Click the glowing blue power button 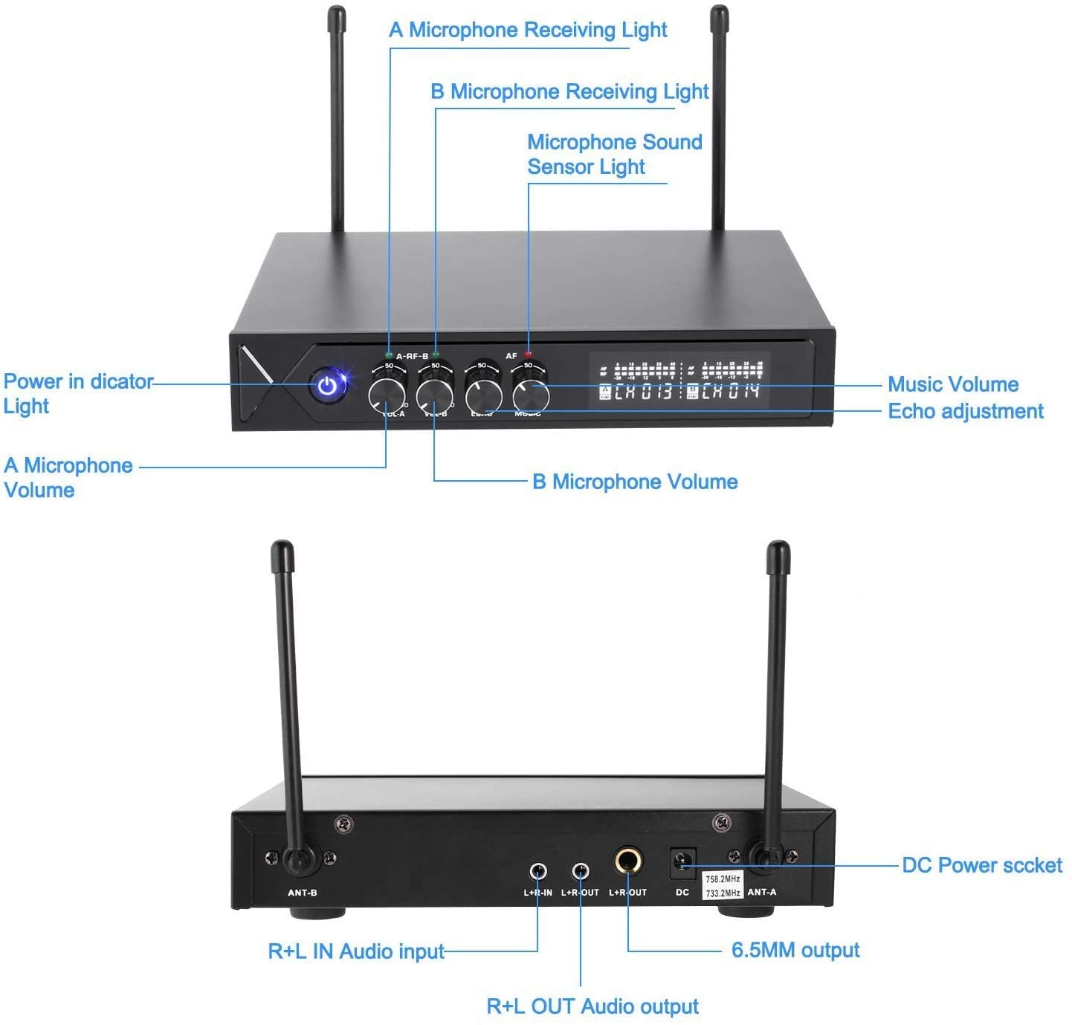pos(327,386)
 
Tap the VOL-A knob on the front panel pos(387,395)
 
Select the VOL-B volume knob pos(435,395)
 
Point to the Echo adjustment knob pos(483,395)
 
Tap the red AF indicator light pos(529,355)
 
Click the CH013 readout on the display pos(644,391)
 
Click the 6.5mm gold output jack pos(628,863)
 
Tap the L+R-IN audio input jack pos(538,870)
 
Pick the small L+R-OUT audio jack pos(580,870)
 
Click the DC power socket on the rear pos(682,863)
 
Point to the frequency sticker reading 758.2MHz pos(723,879)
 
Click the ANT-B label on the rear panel pos(303,892)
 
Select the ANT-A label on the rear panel pos(761,892)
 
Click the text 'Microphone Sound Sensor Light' pos(614,154)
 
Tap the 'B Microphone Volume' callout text pos(635,482)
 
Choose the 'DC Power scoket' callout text pos(981,865)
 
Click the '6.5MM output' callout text pos(795,950)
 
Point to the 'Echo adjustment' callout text pos(965,411)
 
